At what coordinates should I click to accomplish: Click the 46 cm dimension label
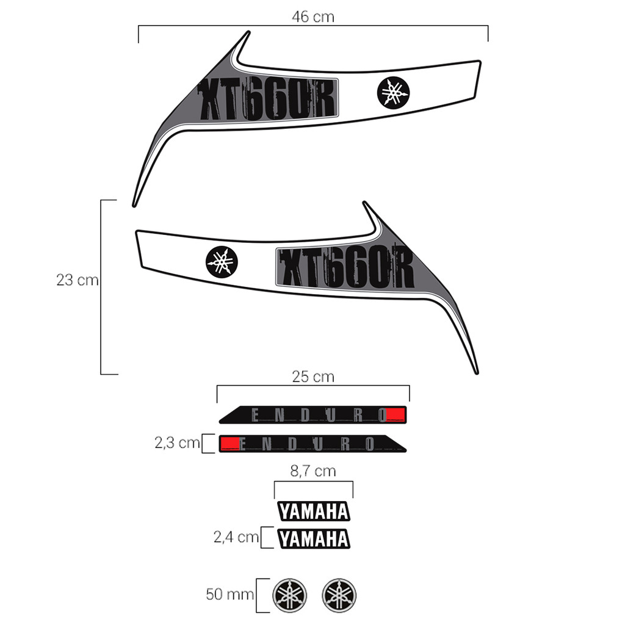313,16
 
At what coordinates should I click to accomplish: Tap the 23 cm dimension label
78,280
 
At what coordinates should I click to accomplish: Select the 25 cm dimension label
313,377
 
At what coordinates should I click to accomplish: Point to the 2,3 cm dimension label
177,443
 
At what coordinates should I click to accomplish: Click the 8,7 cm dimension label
313,471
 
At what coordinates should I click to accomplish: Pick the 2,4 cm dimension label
236,537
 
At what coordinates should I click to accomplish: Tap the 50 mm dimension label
229,594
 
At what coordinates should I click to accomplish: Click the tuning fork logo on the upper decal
393,93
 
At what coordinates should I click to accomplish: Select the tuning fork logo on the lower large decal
222,262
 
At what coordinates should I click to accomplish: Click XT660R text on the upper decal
267,99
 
